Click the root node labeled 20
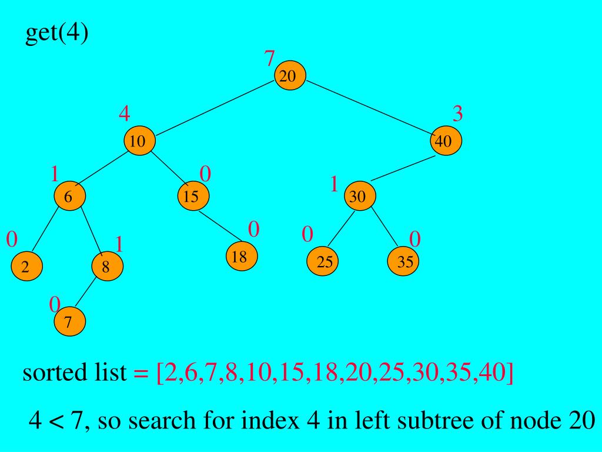click(x=290, y=76)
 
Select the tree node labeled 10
click(x=139, y=141)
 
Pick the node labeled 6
click(x=69, y=197)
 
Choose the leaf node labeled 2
click(x=26, y=267)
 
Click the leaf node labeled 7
click(x=69, y=321)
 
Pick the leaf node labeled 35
click(x=404, y=262)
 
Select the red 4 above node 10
click(x=124, y=113)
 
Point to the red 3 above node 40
click(x=457, y=113)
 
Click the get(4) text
click(x=56, y=34)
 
